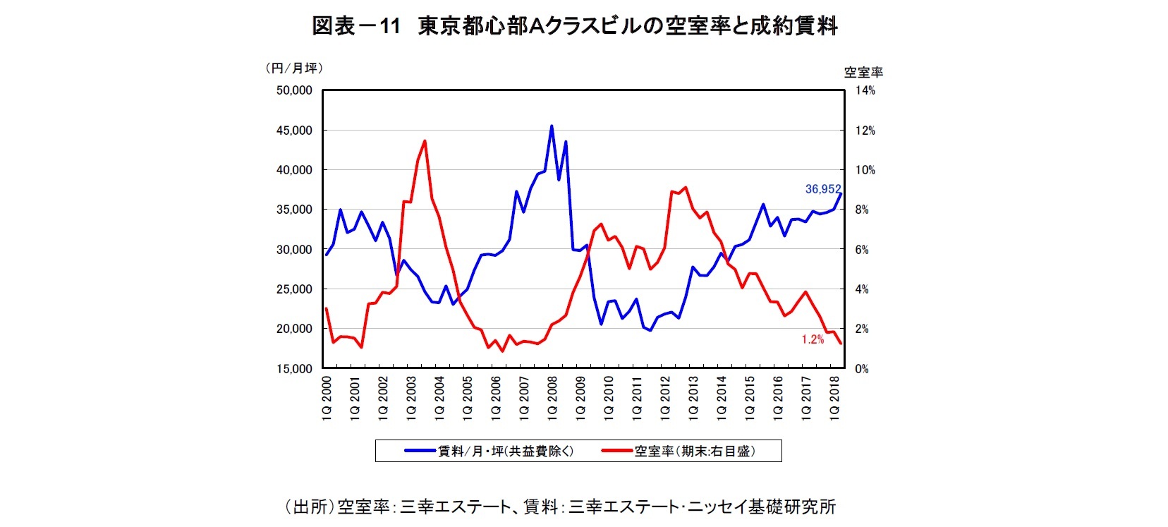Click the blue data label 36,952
coord(822,189)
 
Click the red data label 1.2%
coord(812,339)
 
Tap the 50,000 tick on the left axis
coord(294,90)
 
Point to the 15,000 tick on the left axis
coord(294,369)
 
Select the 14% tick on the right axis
coord(865,90)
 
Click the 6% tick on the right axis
coord(862,250)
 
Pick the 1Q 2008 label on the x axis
coord(552,399)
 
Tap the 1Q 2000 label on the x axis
coord(327,399)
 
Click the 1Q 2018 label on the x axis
coord(834,399)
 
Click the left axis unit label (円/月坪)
coord(293,68)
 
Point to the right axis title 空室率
coord(863,72)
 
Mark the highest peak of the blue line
coord(552,126)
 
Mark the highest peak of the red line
coord(424,141)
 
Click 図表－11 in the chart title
coord(356,27)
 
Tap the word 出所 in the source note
coord(310,507)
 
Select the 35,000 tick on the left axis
coord(294,210)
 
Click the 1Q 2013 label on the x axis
coord(693,399)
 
